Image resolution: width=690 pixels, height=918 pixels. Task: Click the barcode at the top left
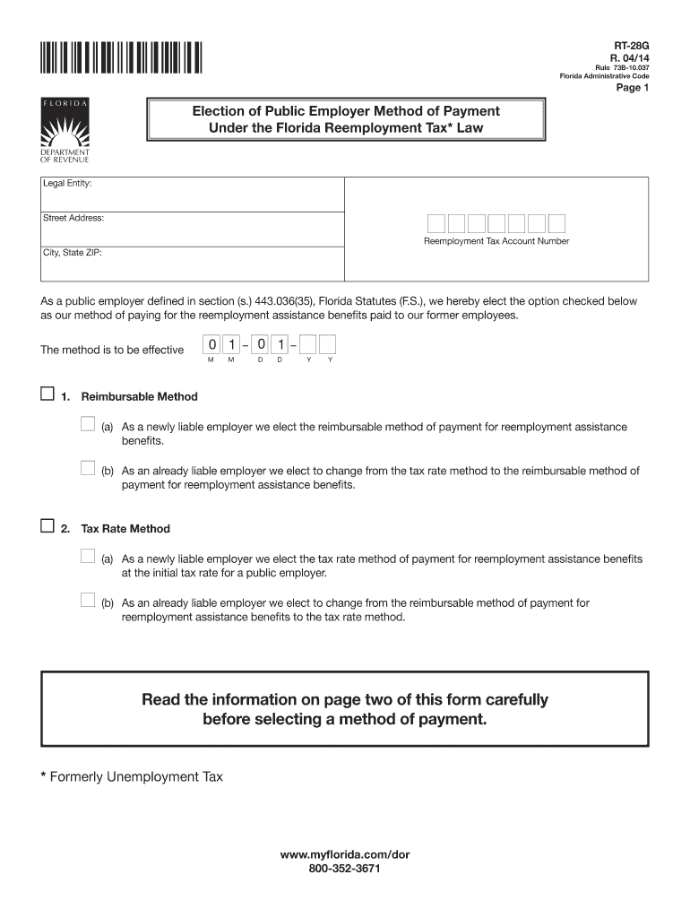120,56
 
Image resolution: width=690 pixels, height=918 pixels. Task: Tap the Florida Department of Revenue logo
64,132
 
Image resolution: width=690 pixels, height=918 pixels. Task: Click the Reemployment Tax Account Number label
496,241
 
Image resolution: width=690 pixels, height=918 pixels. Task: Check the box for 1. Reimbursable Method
47,394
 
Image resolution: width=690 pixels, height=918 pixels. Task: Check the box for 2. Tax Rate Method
47,527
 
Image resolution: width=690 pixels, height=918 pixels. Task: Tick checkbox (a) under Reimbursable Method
87,424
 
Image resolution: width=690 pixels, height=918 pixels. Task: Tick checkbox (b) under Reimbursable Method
87,467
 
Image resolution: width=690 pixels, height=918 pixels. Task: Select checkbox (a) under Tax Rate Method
87,556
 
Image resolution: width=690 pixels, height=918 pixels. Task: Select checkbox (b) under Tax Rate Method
87,600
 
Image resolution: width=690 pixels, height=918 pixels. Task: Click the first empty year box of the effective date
309,345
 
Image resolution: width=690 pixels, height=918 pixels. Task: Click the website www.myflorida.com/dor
344,855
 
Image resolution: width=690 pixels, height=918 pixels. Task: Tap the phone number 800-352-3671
344,870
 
